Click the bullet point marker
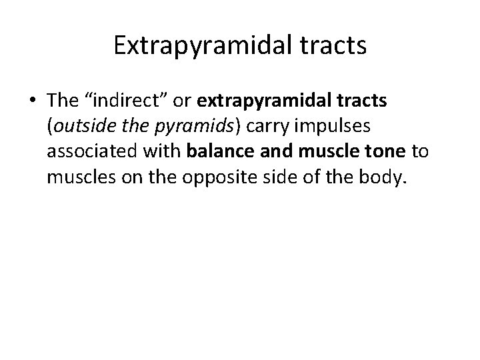(x=33, y=100)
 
